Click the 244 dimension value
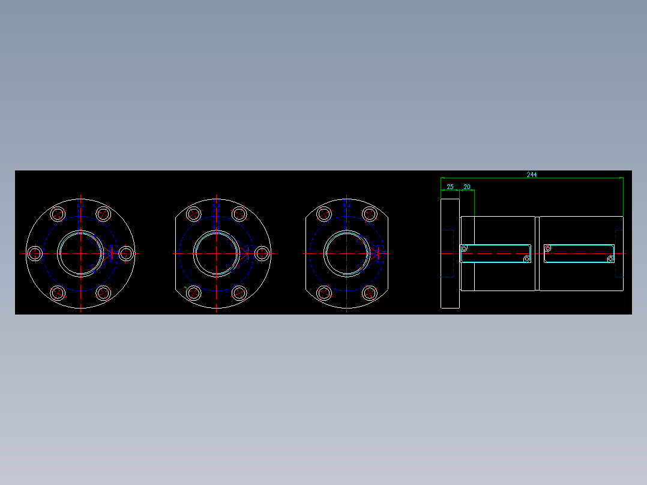pos(532,175)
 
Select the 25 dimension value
pos(450,187)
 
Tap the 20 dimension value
pos(467,187)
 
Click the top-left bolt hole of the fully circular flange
pos(58,214)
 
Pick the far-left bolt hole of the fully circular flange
pos(35,253)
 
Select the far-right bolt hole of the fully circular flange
pos(125,253)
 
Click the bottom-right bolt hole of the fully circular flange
pos(103,293)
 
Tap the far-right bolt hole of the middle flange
pos(262,253)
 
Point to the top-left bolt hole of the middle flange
pos(194,214)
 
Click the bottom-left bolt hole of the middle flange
pos(194,293)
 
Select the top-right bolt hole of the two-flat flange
pos(369,214)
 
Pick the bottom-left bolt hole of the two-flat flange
pos(324,293)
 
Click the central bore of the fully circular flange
pos(80,253)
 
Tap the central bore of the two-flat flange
pos(347,253)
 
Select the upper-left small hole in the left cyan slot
pos(464,248)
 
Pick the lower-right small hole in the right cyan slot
pos(610,259)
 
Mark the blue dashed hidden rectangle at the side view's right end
pos(618,253)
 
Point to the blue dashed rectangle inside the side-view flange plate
pos(447,253)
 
